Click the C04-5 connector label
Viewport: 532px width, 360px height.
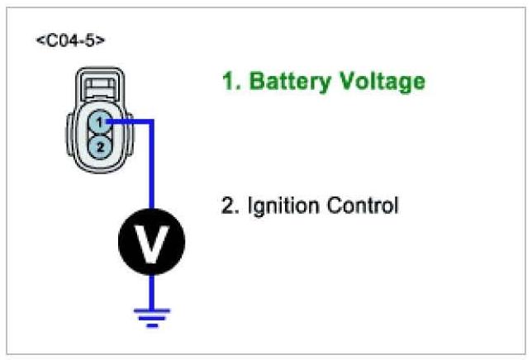pos(70,40)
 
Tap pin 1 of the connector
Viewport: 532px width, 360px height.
pos(98,122)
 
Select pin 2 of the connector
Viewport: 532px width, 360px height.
pos(98,146)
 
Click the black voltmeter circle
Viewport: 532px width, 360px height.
pos(152,241)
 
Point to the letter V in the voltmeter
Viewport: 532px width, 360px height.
pos(152,241)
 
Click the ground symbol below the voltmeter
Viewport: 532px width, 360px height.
pos(152,317)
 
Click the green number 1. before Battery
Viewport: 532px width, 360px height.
pos(230,82)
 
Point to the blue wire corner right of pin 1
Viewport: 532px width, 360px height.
pos(152,122)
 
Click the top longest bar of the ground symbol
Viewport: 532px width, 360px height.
pos(152,310)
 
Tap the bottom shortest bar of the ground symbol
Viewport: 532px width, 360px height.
pos(152,325)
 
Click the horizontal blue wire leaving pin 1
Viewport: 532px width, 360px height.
pos(128,122)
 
